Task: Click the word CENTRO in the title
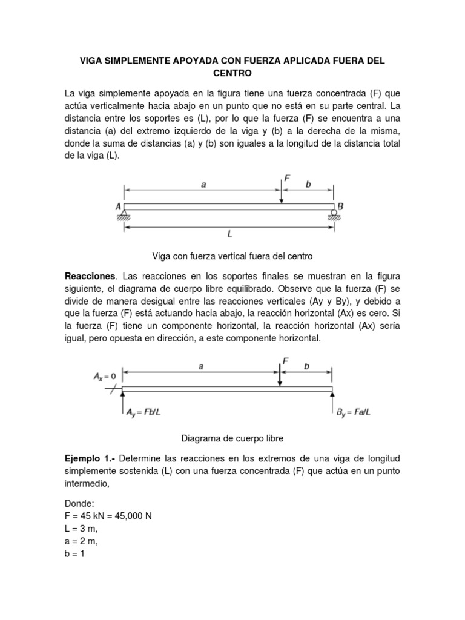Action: (x=232, y=73)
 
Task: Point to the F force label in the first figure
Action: (x=287, y=178)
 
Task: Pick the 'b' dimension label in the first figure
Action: (x=308, y=185)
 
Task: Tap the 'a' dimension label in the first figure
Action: (x=203, y=185)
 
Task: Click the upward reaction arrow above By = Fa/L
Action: (x=332, y=400)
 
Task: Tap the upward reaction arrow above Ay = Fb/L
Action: (x=122, y=400)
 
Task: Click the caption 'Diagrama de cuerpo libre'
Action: (x=232, y=437)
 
